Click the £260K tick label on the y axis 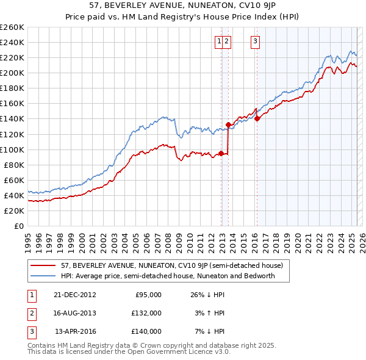pos(12,27)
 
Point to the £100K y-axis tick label pos(12,149)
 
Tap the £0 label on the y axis pos(20,226)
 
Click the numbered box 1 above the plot pos(218,41)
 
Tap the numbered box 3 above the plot pos(254,41)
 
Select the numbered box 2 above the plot pos(226,41)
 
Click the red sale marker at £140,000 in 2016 pos(257,119)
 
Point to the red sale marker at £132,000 pos(228,125)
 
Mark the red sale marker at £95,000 pos(221,153)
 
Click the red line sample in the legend pos(43,266)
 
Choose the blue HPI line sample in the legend pos(43,276)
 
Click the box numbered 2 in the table pos(30,313)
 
